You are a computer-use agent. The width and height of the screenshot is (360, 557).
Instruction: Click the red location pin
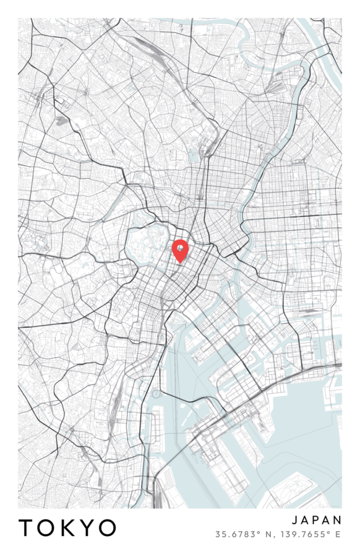click(x=179, y=249)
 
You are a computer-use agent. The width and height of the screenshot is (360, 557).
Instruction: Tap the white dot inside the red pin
click(x=179, y=248)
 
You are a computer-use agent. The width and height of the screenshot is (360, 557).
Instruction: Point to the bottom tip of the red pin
click(x=179, y=263)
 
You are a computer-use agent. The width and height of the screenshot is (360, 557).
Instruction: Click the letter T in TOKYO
click(x=27, y=528)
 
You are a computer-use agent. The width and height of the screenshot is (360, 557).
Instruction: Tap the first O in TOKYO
click(x=46, y=528)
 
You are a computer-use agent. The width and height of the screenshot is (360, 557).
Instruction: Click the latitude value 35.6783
click(x=231, y=534)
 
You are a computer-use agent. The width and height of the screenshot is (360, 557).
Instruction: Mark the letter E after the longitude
click(x=338, y=534)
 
